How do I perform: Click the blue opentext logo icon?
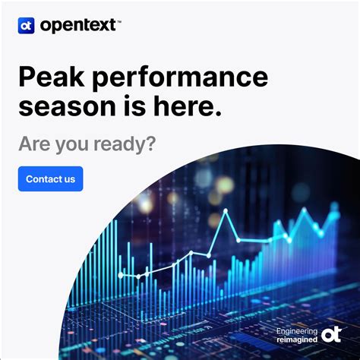pyautogui.click(x=26, y=25)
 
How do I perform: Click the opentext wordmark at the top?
pyautogui.click(x=77, y=25)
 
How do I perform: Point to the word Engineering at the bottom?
pyautogui.click(x=297, y=331)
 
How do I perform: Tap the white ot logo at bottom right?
pyautogui.click(x=331, y=335)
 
